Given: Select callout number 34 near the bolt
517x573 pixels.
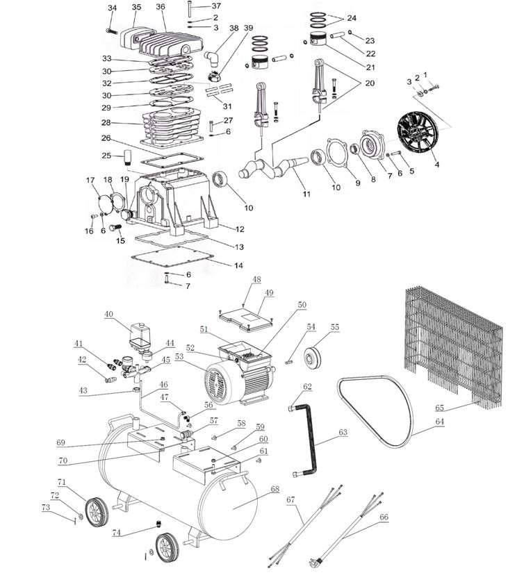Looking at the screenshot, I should (x=113, y=8).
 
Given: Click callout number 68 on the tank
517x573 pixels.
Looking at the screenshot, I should (x=274, y=490).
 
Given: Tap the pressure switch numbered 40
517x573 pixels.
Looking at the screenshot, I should (x=141, y=335).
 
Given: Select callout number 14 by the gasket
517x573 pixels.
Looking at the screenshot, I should (x=238, y=266).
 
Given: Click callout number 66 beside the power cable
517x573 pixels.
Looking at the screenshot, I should (x=384, y=517).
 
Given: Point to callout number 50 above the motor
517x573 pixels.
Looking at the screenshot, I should (x=301, y=305).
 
